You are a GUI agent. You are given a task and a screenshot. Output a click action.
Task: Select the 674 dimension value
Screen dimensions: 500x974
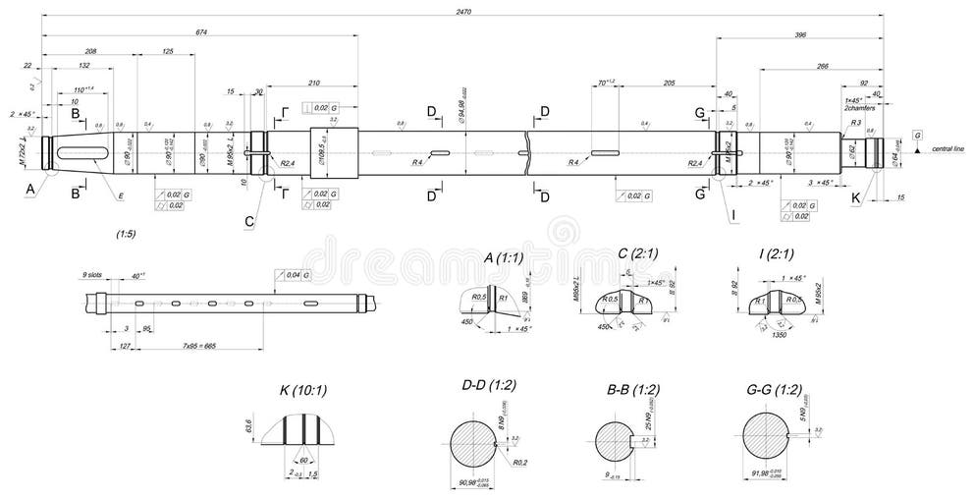point(201,32)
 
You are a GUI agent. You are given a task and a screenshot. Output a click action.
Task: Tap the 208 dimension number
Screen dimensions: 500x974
point(90,50)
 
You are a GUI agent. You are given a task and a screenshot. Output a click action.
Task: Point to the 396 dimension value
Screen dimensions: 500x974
point(799,35)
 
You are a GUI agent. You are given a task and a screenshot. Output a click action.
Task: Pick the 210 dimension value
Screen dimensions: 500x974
point(314,83)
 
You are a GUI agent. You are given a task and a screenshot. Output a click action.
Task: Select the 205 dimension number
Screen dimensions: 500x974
point(669,83)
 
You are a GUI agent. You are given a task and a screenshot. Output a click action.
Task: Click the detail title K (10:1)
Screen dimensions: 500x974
point(304,390)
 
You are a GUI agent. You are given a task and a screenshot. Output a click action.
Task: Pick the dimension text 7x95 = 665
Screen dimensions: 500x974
point(200,347)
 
